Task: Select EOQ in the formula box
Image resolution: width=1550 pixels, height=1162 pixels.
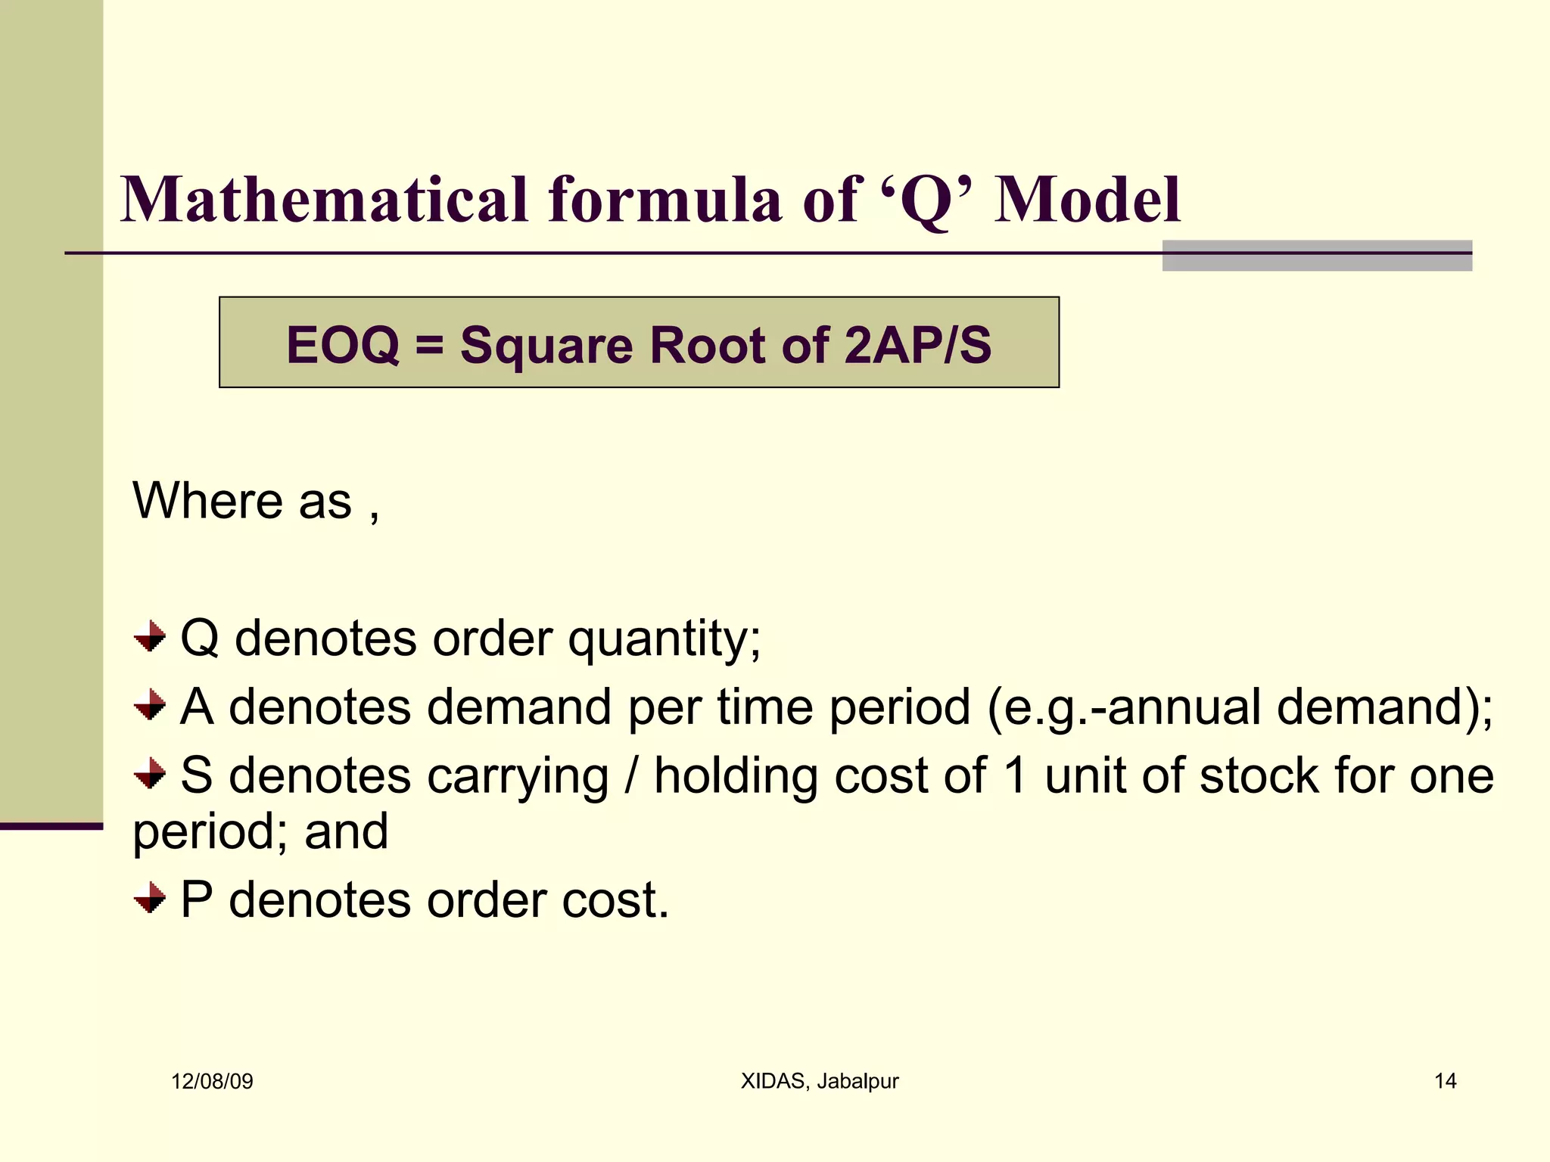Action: coord(343,345)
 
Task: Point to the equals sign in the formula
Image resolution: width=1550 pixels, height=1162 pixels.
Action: coord(429,346)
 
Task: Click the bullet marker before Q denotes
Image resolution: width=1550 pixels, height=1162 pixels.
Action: coord(150,636)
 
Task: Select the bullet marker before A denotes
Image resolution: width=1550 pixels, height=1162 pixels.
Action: coord(150,705)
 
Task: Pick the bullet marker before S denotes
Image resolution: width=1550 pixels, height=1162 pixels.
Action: coord(150,774)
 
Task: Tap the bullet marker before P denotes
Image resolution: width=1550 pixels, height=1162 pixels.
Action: coord(150,898)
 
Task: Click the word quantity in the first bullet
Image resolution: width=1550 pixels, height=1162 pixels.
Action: coord(664,639)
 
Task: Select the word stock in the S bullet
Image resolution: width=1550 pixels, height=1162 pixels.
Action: coord(1259,775)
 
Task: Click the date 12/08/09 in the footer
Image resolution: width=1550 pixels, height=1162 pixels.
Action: coord(212,1081)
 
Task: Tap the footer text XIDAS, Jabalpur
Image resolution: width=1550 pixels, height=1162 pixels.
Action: coord(820,1081)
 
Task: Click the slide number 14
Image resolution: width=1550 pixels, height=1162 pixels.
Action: coord(1445,1081)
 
